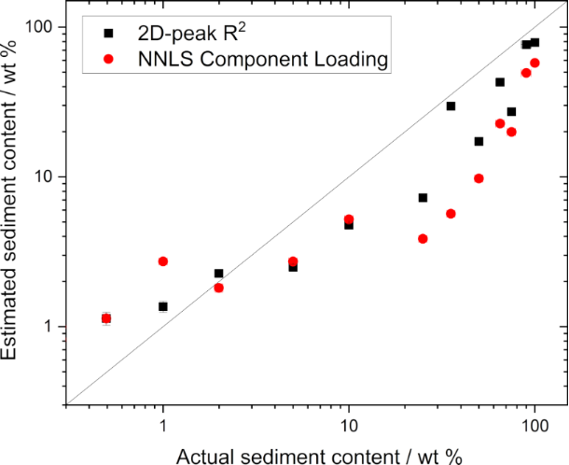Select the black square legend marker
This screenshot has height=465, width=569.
click(108, 33)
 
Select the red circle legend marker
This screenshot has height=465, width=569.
click(108, 61)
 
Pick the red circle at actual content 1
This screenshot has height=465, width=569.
click(163, 261)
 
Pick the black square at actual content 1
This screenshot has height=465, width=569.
click(163, 306)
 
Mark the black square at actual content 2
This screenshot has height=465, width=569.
click(218, 274)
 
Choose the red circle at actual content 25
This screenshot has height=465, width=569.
click(423, 239)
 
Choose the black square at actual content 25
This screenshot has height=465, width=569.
click(423, 198)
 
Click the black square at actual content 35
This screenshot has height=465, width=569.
click(451, 106)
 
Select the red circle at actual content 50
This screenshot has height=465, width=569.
click(479, 178)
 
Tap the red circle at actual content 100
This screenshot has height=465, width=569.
click(534, 63)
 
